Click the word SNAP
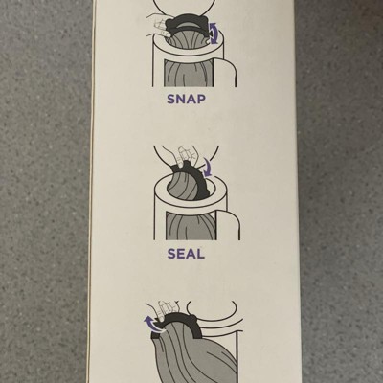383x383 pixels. pos(186,99)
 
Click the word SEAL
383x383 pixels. pos(186,254)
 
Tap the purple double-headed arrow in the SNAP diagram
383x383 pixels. pos(214,33)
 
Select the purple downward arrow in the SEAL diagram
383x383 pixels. pos(208,168)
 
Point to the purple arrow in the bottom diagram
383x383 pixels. pos(150,323)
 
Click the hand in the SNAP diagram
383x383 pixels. pos(158,25)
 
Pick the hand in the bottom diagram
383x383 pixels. pos(163,309)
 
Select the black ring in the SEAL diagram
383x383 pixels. pos(199,179)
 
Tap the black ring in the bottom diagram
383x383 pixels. pos(176,323)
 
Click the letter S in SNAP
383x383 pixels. pos(171,99)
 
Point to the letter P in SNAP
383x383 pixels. pos(201,99)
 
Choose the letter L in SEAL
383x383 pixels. pos(200,254)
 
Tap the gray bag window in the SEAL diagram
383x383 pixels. pos(191,226)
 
